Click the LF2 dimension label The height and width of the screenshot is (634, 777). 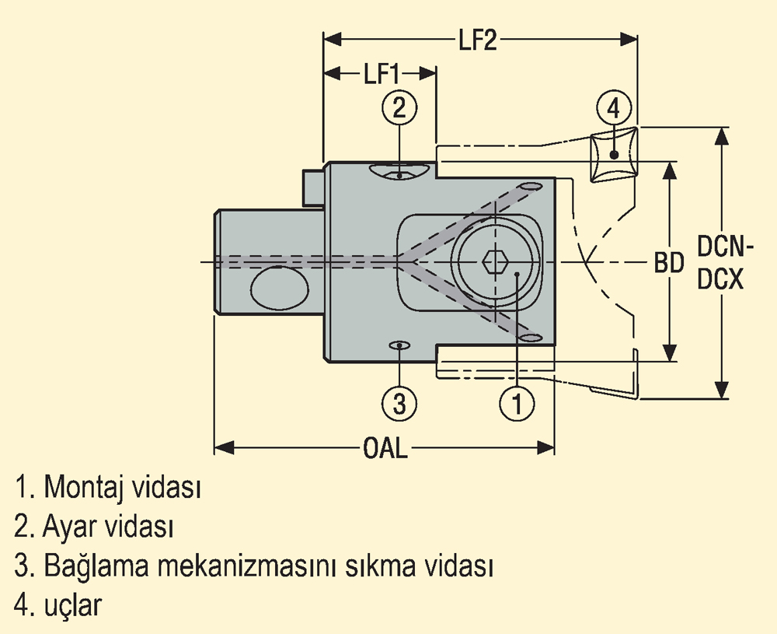tap(477, 40)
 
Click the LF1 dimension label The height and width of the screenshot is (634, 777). tap(381, 74)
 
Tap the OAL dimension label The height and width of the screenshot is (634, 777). tap(385, 449)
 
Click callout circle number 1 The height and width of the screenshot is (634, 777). tap(517, 403)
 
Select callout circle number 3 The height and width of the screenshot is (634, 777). tap(399, 403)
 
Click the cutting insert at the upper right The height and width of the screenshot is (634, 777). tap(614, 156)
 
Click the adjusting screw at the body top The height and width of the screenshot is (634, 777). tap(399, 172)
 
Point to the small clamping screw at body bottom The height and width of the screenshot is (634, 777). tap(399, 345)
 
